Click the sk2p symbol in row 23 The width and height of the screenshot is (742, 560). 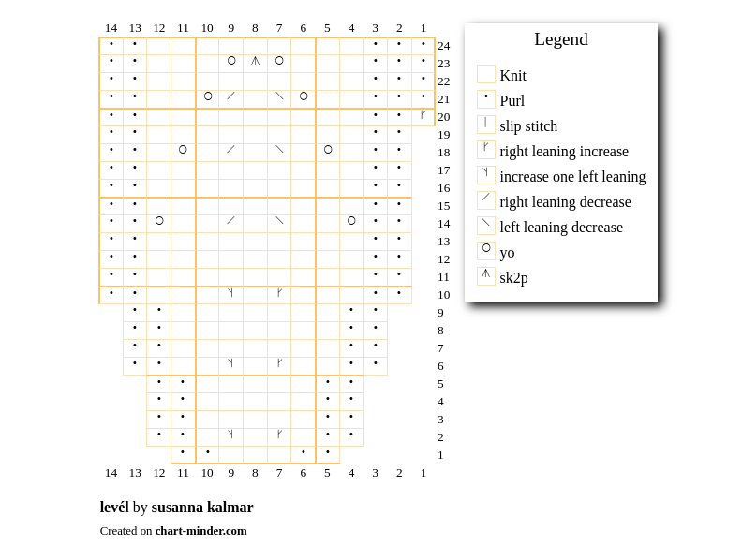click(x=255, y=61)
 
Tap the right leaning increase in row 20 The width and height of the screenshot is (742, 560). click(x=423, y=114)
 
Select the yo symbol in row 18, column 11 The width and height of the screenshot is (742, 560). click(x=183, y=150)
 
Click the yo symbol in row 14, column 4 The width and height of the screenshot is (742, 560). click(x=351, y=220)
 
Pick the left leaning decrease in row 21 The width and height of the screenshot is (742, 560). click(x=279, y=96)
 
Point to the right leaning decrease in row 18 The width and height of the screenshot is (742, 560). click(x=230, y=150)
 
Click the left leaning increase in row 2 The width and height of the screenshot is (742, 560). click(x=230, y=434)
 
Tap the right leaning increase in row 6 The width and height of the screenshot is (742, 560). click(x=279, y=362)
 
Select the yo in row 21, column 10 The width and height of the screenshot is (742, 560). click(x=207, y=96)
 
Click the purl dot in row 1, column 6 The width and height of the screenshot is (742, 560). click(x=303, y=451)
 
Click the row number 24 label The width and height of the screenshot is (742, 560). click(x=443, y=46)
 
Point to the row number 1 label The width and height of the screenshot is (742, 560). click(x=440, y=455)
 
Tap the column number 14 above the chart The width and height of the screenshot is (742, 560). click(x=111, y=28)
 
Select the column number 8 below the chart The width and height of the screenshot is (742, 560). click(x=255, y=473)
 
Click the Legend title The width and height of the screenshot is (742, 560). click(x=561, y=38)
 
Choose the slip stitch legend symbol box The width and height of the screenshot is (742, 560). click(x=486, y=125)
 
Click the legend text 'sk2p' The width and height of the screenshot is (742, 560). click(x=513, y=278)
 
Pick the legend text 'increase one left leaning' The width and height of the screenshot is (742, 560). click(x=572, y=176)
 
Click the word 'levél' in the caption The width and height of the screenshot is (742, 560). click(x=114, y=507)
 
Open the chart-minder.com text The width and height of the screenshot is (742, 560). click(x=200, y=531)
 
